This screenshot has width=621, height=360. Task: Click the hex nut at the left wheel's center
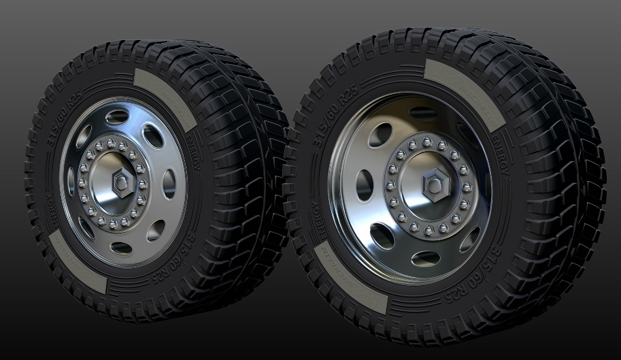[x=121, y=182]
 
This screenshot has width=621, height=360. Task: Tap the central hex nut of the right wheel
[x=433, y=184]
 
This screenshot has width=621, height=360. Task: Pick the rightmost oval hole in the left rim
[x=169, y=182]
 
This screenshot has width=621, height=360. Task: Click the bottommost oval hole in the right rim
[x=426, y=259]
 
